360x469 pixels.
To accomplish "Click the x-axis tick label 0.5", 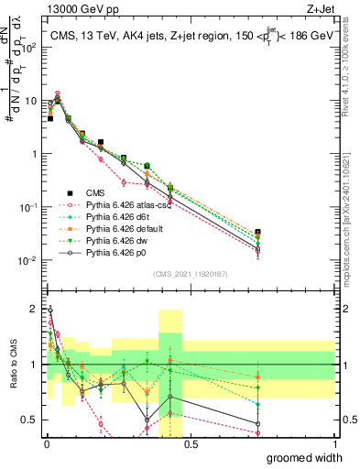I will pos(190,443).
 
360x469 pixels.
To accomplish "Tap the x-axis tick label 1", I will pos(334,443).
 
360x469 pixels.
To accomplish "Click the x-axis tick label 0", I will pos(45,443).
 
